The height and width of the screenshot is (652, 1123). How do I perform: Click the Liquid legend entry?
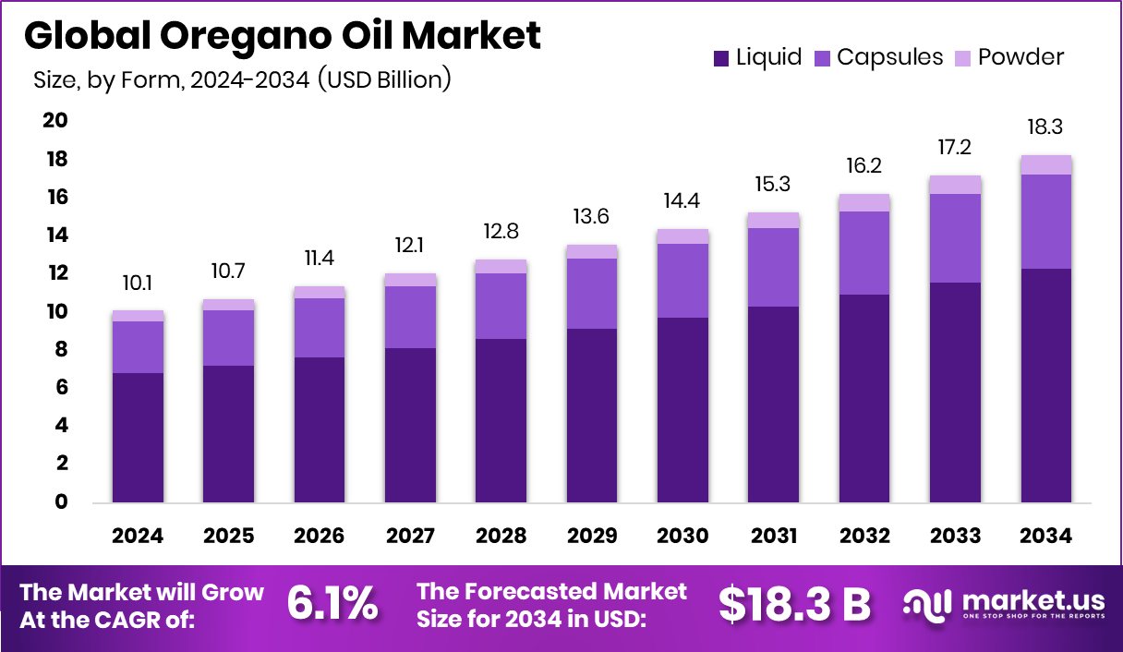(757, 57)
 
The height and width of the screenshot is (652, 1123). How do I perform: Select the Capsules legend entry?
(879, 57)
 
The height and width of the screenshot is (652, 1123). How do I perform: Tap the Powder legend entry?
(1009, 57)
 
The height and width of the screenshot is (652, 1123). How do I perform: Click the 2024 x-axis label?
(138, 537)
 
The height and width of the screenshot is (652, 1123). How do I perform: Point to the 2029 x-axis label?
(592, 537)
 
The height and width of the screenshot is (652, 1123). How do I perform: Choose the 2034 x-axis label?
(1046, 537)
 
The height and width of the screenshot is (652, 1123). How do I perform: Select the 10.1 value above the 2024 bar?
(138, 281)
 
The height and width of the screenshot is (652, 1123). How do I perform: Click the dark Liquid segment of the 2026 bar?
(320, 429)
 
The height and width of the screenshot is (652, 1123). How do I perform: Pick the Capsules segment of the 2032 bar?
(864, 253)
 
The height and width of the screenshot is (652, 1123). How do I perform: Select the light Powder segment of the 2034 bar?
(1046, 164)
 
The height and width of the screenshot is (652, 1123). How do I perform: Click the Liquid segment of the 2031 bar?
(774, 404)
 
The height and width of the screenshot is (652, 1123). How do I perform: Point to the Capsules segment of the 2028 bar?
(501, 306)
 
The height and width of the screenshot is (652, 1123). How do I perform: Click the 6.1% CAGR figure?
(332, 604)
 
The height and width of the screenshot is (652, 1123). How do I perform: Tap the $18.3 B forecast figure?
(794, 604)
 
